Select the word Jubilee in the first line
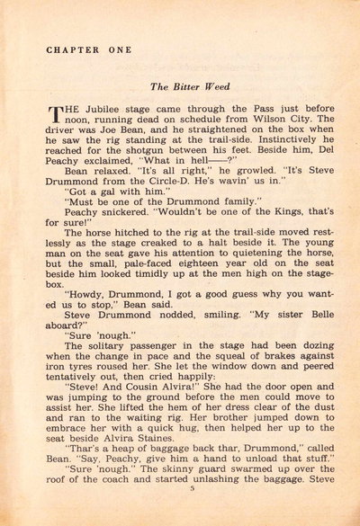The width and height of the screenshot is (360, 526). click(104, 111)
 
